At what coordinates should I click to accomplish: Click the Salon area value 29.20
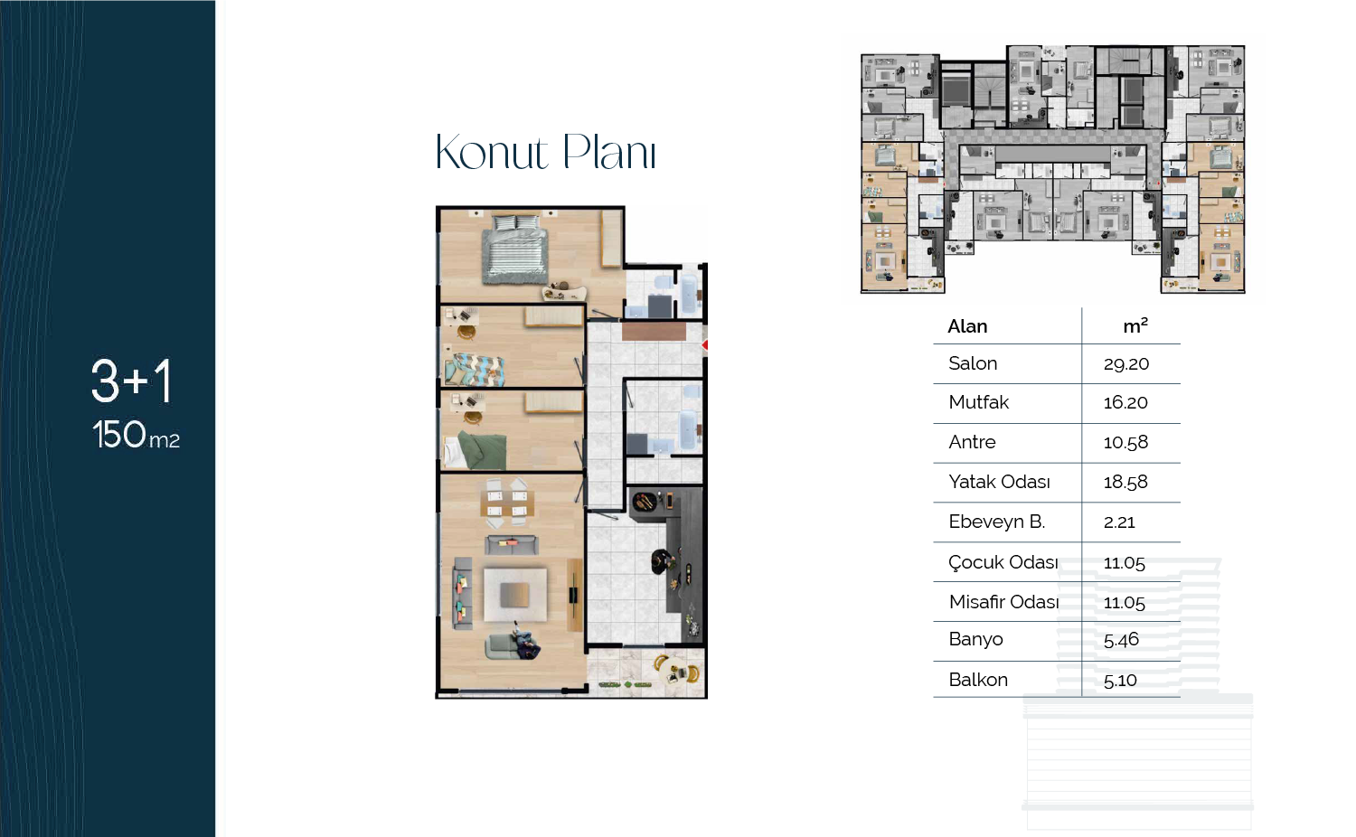point(1126,363)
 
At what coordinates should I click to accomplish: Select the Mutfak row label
point(978,402)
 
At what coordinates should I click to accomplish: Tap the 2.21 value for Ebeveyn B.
point(1119,522)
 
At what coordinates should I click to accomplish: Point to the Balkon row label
point(977,680)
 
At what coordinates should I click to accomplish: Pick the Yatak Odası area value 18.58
point(1125,482)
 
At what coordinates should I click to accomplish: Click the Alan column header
point(967,326)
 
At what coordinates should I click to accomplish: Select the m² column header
point(1135,325)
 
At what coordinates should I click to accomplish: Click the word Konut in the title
point(492,152)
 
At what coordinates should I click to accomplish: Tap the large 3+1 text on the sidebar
point(131,381)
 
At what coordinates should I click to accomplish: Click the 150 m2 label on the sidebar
point(136,435)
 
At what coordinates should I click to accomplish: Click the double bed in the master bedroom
point(515,249)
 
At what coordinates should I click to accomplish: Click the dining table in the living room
point(506,503)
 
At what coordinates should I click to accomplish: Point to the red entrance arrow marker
point(704,345)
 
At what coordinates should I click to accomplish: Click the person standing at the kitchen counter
point(663,561)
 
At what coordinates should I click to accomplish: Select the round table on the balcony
point(675,671)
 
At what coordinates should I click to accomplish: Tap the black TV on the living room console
point(573,596)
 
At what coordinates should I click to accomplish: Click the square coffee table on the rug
point(514,595)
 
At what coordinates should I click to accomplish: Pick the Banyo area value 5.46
point(1121,640)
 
